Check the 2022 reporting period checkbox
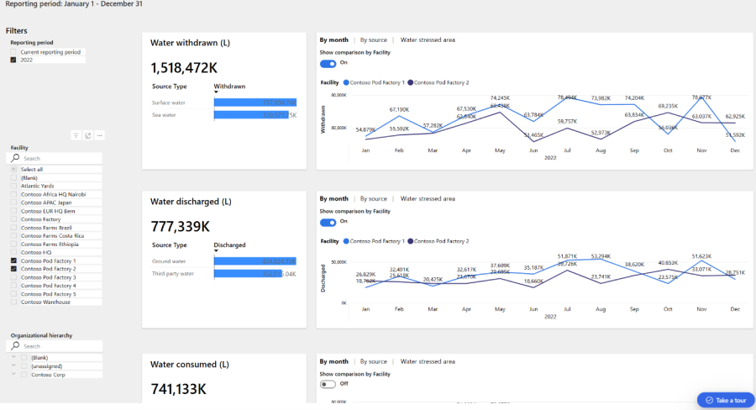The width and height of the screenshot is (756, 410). [x=13, y=60]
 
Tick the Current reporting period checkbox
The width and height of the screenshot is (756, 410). [x=13, y=52]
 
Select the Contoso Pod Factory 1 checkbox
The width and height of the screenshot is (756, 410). [x=13, y=261]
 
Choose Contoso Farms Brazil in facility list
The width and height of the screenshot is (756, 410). [x=13, y=228]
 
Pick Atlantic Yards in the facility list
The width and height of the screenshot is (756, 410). [x=13, y=186]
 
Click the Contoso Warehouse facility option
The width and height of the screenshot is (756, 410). [x=13, y=302]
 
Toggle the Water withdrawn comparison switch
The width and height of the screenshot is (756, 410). [x=328, y=63]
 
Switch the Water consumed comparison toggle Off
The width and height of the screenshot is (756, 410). [x=328, y=384]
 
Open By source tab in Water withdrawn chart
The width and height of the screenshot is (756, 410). [x=373, y=39]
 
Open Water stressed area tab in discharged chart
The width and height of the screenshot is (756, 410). [x=428, y=199]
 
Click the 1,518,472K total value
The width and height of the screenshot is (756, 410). [x=186, y=67]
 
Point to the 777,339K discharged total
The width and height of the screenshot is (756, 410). [x=181, y=227]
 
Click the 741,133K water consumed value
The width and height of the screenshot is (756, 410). [x=178, y=389]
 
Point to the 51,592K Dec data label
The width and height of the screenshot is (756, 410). [x=734, y=134]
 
